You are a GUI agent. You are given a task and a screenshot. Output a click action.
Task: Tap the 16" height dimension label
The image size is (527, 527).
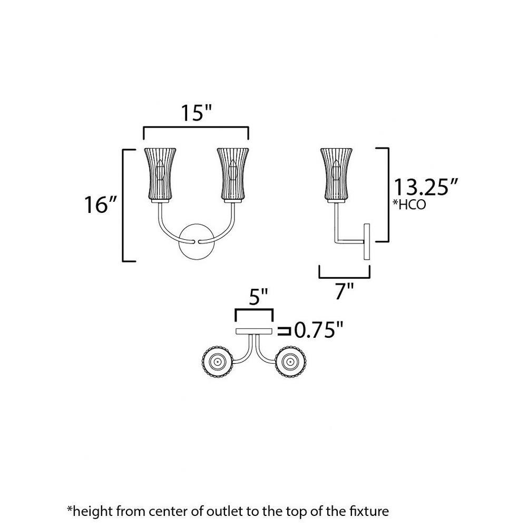click(x=101, y=204)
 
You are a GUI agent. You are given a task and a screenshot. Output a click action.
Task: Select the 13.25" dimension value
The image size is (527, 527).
click(x=425, y=187)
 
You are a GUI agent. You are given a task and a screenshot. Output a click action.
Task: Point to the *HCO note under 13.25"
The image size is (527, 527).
click(x=409, y=204)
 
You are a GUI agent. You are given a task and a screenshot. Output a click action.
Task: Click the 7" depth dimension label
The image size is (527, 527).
click(x=345, y=291)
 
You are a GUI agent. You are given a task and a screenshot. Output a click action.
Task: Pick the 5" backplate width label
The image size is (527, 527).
click(x=258, y=297)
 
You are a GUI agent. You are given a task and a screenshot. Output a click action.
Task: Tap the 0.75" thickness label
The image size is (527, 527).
click(x=319, y=330)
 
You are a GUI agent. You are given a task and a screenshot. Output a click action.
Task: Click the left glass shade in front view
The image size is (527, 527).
click(x=160, y=175)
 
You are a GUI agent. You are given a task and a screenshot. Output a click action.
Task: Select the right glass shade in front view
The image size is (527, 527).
click(x=233, y=175)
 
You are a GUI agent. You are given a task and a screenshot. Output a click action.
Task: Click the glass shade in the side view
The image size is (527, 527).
click(x=336, y=175)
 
